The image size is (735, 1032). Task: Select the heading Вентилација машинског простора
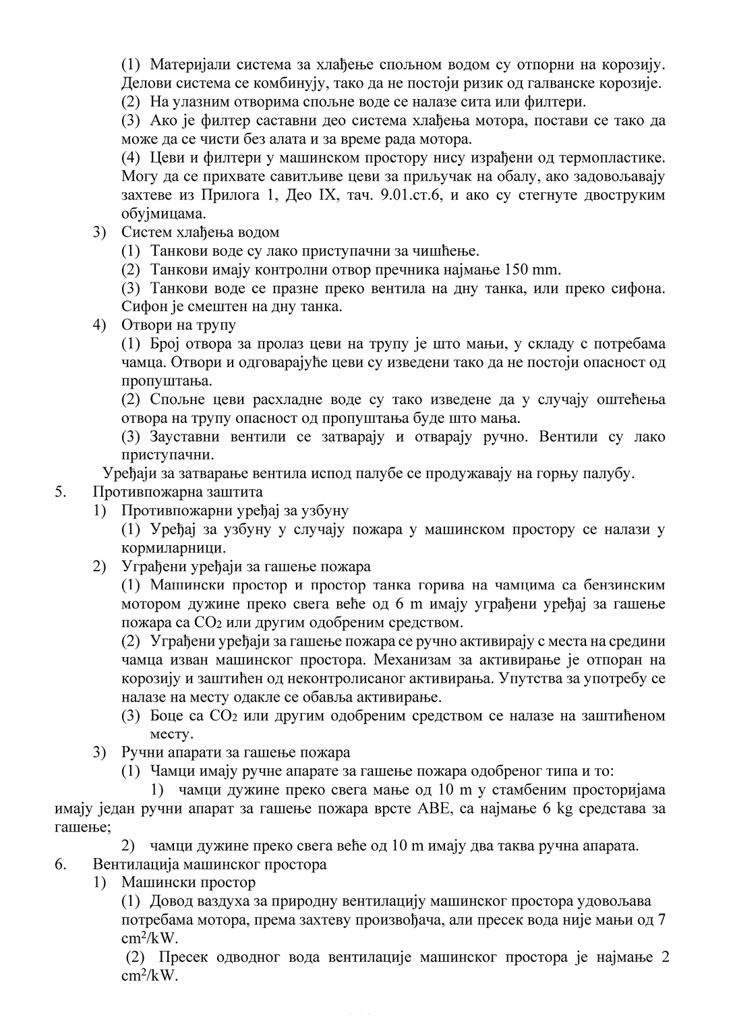point(210,864)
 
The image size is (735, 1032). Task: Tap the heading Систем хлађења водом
point(200,233)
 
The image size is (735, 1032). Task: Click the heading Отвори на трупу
point(179,324)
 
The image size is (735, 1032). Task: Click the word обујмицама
point(163,214)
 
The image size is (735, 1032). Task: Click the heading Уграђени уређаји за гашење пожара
point(246,567)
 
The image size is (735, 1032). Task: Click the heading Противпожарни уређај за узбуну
point(235,511)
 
